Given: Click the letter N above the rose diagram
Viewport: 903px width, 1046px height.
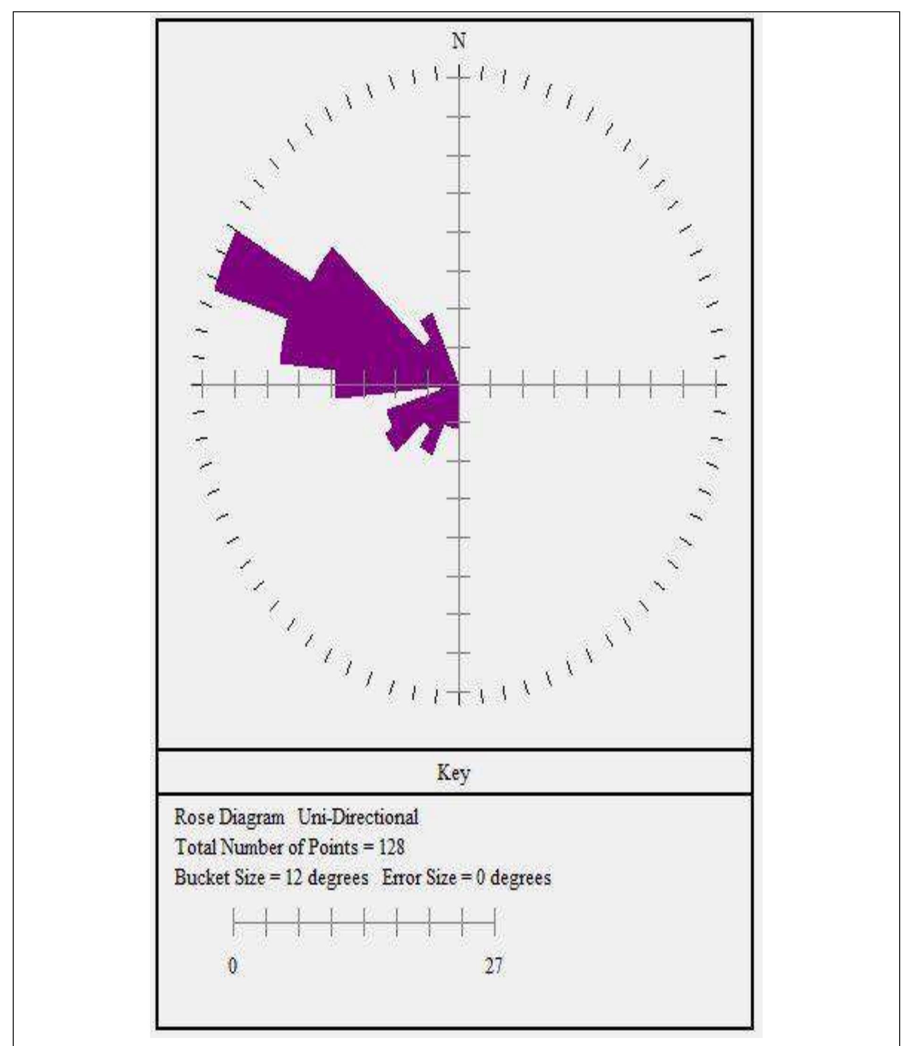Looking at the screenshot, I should click(x=458, y=42).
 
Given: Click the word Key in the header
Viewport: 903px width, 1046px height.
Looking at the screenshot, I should click(x=453, y=773).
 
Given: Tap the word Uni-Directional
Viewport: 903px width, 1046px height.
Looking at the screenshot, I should click(x=358, y=817).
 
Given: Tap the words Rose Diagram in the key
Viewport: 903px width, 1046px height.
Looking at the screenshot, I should click(x=229, y=817).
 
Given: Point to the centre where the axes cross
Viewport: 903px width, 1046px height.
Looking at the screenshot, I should click(x=458, y=385).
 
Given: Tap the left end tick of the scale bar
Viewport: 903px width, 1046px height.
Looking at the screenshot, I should click(x=233, y=922).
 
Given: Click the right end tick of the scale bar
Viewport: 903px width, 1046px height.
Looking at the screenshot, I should click(x=495, y=922).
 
